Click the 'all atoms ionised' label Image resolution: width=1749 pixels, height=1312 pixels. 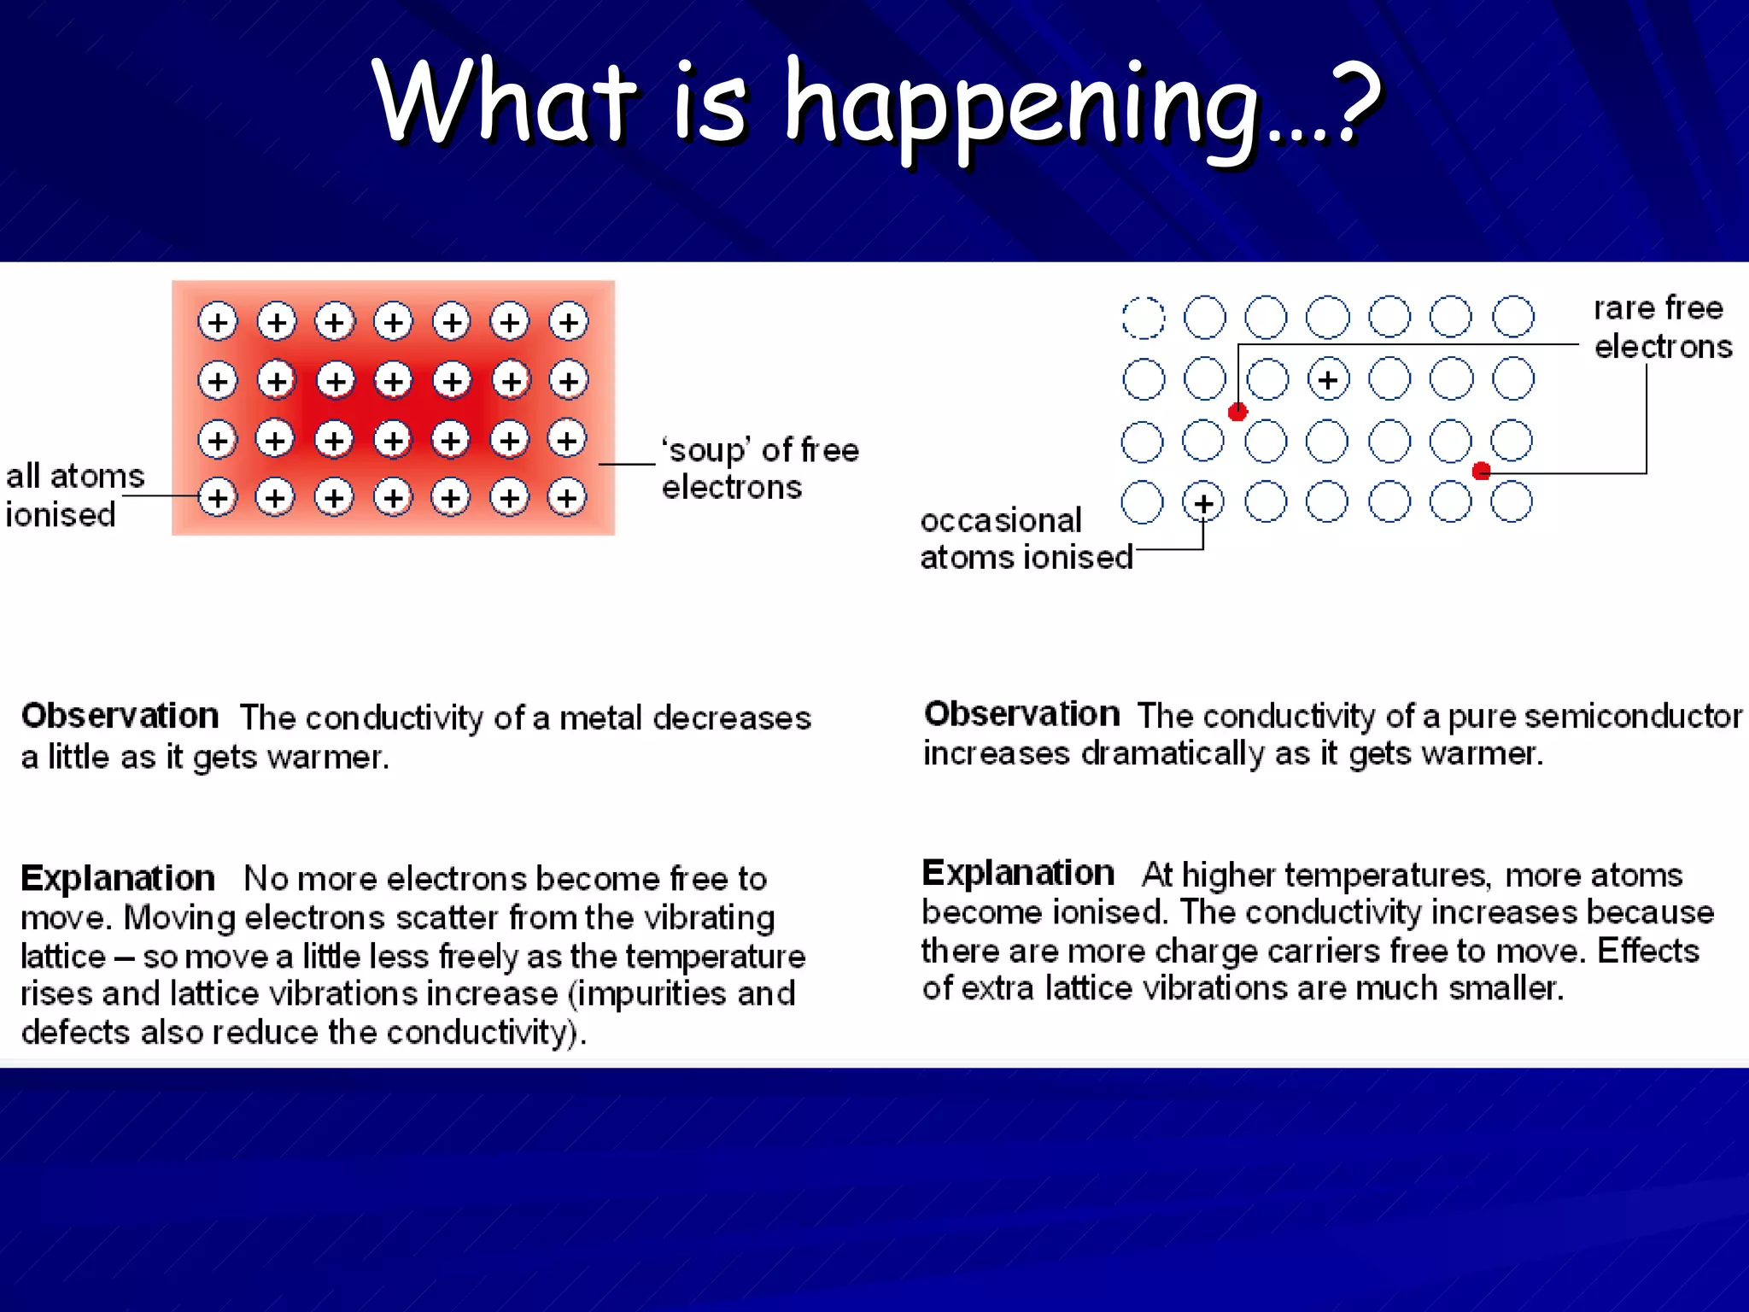(x=75, y=495)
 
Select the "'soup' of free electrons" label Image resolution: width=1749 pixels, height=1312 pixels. (x=760, y=468)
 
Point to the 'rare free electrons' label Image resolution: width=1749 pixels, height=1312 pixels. (x=1662, y=327)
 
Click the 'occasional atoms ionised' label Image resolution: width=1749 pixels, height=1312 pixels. (x=1025, y=538)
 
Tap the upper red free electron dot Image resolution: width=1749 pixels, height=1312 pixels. (x=1237, y=412)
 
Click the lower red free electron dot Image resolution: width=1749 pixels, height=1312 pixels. (x=1482, y=471)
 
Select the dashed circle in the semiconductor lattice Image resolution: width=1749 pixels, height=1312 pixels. (x=1143, y=318)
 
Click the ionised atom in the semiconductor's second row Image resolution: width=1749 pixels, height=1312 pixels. (x=1328, y=379)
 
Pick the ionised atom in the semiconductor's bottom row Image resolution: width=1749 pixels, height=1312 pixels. (x=1203, y=503)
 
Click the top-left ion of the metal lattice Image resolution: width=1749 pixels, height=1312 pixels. (x=218, y=322)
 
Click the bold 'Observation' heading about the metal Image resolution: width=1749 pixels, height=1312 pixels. (x=120, y=716)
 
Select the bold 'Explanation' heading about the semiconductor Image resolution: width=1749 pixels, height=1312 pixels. (x=1018, y=873)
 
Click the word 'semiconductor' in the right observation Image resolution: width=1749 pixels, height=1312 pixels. (x=1633, y=716)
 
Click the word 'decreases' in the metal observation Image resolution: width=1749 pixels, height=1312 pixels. (x=732, y=718)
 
